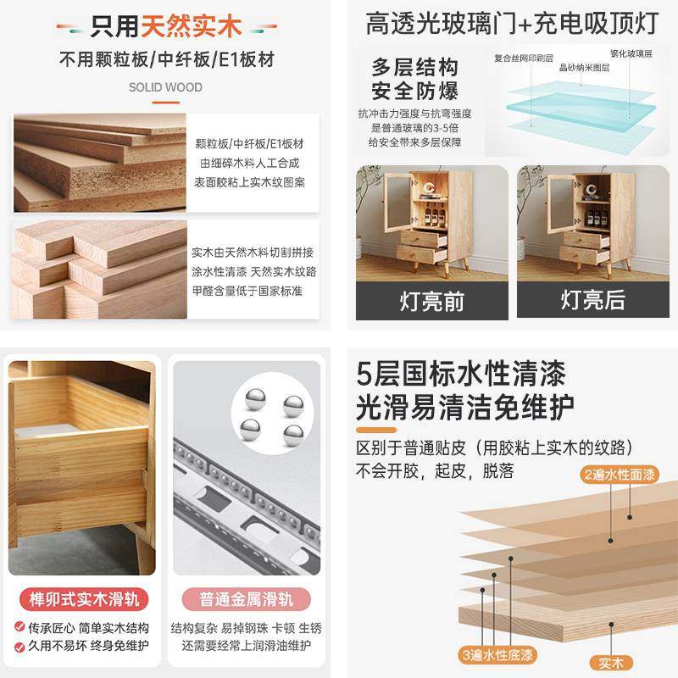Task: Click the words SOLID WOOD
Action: (165, 87)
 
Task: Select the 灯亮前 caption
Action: (431, 300)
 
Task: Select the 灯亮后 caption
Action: (592, 300)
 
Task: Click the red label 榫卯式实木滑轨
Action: (82, 600)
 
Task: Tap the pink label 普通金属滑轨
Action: (246, 600)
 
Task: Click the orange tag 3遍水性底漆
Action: (497, 654)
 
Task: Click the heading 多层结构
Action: (414, 68)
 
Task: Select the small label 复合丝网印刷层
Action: (523, 59)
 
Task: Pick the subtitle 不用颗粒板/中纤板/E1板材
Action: (166, 60)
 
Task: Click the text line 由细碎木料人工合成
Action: (249, 162)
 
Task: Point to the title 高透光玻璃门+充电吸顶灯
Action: (512, 23)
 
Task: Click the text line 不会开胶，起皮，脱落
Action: (435, 470)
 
